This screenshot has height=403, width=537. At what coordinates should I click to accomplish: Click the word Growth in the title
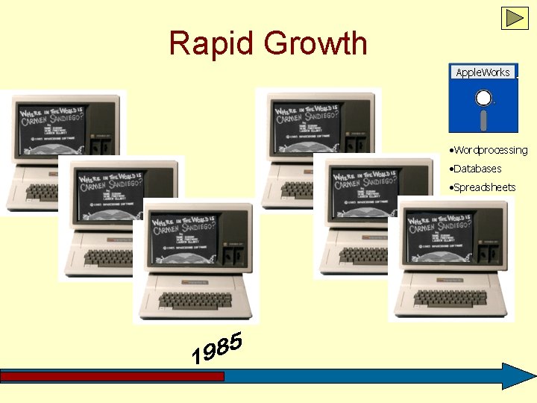click(316, 43)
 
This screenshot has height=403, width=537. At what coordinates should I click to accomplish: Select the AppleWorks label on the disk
click(483, 72)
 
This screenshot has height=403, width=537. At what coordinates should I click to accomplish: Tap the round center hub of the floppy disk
click(484, 98)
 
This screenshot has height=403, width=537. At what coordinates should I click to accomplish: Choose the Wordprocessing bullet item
click(490, 150)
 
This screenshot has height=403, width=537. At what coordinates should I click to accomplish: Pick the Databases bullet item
click(477, 169)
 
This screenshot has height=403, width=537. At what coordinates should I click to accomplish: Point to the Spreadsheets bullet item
click(484, 187)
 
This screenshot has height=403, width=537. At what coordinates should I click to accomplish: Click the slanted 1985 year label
click(217, 349)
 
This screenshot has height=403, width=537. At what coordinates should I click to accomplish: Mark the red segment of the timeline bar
click(112, 377)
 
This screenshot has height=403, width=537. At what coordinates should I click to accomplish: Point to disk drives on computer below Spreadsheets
click(490, 256)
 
